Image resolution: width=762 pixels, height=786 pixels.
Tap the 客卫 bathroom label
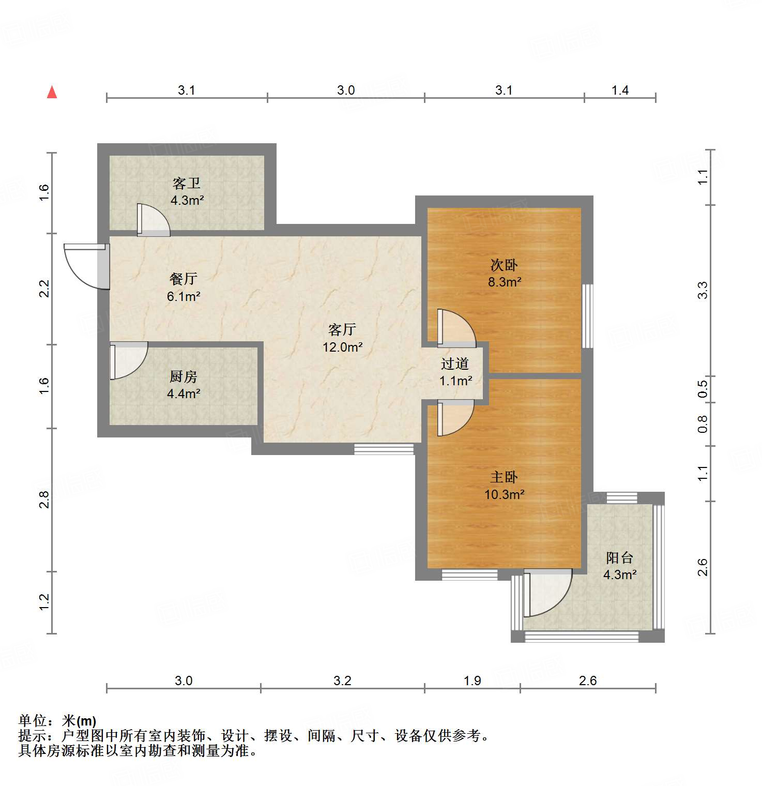point(187,183)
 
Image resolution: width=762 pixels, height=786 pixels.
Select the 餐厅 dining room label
point(184,279)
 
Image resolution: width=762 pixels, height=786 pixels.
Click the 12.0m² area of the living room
point(342,347)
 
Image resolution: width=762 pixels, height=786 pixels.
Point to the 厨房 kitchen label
point(184,376)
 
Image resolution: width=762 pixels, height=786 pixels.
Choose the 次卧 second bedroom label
point(504,265)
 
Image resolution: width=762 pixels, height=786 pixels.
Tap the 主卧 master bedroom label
point(504,477)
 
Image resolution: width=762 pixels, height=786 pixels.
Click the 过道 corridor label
point(455,364)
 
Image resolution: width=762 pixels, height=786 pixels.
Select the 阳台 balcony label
point(619,557)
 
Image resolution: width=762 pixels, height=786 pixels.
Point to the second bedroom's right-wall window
point(588,315)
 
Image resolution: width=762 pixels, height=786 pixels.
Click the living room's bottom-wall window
point(384,449)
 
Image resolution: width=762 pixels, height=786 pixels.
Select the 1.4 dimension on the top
point(620,90)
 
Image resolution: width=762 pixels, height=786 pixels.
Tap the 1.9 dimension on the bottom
point(473,681)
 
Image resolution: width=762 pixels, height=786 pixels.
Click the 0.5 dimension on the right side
point(703,389)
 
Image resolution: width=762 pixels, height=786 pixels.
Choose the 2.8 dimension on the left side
point(44,500)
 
